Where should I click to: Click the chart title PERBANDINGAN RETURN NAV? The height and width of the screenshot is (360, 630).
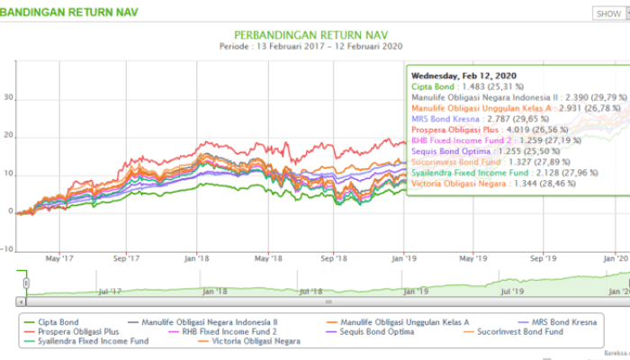pos(310,31)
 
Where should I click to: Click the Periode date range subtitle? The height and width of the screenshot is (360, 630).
pos(310,46)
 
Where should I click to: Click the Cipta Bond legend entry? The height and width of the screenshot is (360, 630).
pos(63,320)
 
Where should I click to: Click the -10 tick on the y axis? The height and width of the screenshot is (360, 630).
pos(6,249)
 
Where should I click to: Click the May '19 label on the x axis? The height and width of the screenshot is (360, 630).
pos(472,257)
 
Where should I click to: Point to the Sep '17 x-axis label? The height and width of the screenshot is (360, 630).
pos(126,257)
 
